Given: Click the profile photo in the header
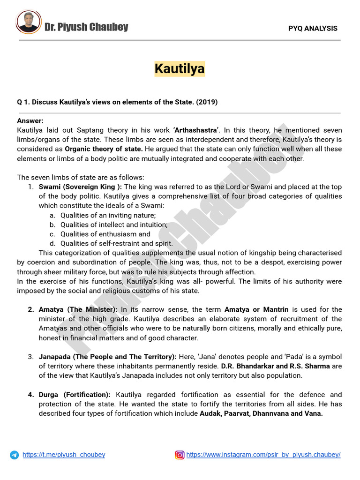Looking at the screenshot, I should tap(29, 22).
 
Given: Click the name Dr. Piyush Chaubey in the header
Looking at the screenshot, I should tap(86, 27).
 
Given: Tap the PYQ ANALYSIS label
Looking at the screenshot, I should tap(313, 28).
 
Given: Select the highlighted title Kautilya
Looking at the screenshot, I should tap(180, 69).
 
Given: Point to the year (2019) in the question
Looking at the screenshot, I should tap(206, 102).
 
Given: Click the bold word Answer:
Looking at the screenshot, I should tap(30, 121).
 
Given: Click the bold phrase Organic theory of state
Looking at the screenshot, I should tap(104, 149).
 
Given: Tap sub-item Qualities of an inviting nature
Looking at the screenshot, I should tap(108, 215).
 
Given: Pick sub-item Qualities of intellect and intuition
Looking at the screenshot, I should tap(114, 225).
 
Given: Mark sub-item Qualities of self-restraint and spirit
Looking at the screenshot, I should tap(117, 243).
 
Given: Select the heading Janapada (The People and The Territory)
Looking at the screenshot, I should tap(107, 357).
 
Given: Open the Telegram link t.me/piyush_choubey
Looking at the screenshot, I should tap(64, 455).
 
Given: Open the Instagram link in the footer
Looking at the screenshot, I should tap(263, 455).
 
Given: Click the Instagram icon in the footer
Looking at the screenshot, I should tap(180, 455).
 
